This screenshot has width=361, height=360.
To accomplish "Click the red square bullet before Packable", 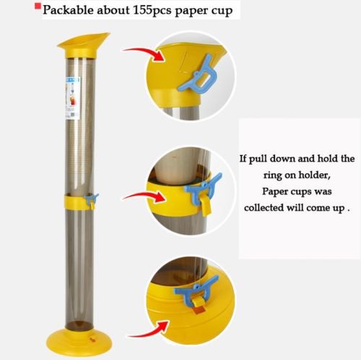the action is click(38, 6).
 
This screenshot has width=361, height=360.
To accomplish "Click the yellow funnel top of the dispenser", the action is click(83, 45).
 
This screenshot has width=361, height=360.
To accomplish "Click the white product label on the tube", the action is click(72, 98).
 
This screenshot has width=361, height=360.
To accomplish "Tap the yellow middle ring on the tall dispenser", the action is click(77, 203).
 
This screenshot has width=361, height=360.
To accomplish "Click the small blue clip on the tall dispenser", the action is click(92, 200).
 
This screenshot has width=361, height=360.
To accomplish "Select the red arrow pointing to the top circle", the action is click(144, 53).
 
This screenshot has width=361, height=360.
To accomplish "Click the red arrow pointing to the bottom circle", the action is click(149, 330).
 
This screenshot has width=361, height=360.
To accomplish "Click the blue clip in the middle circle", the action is click(204, 189).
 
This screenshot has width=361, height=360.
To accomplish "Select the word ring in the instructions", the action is click(272, 175).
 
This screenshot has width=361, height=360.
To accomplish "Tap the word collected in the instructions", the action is click(264, 207).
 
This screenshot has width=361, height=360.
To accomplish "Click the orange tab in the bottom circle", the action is click(199, 309).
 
